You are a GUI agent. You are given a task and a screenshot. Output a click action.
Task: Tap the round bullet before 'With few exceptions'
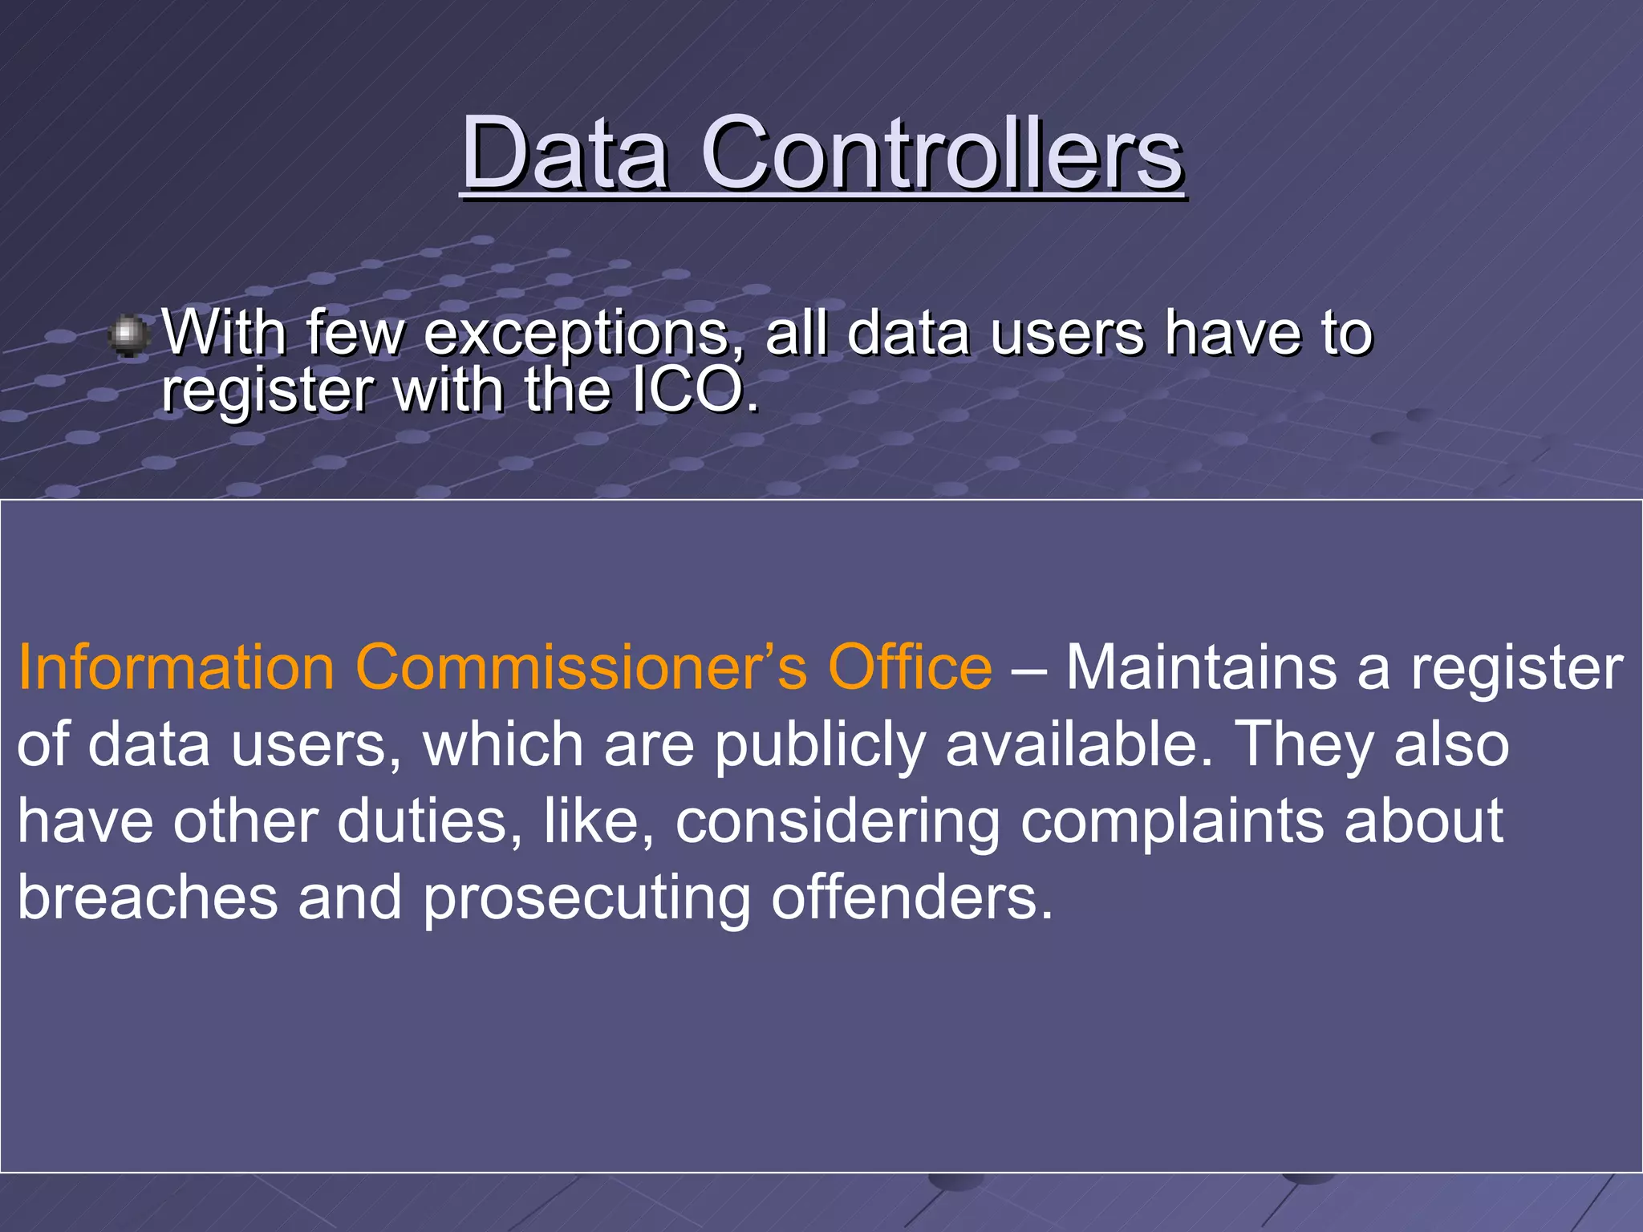point(128,335)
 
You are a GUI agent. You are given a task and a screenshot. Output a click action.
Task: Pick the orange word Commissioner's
point(581,667)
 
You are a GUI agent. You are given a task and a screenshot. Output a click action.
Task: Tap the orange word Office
point(910,667)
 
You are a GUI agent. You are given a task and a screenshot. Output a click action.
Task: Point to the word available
point(1079,744)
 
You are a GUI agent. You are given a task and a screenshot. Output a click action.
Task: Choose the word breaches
point(148,898)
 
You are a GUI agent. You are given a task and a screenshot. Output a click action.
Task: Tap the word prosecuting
point(586,899)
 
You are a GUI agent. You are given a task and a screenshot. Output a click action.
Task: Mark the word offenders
point(911,898)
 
